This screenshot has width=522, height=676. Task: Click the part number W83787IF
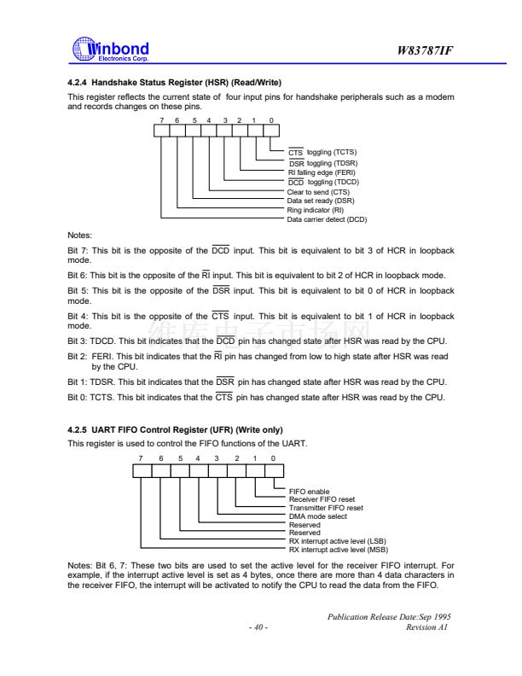[x=425, y=51]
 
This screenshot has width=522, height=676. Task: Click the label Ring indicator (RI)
[x=315, y=209]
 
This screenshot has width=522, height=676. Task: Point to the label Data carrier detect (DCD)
[x=327, y=219]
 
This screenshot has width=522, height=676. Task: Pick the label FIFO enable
[x=310, y=491]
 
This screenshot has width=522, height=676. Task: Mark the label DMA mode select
[x=318, y=516]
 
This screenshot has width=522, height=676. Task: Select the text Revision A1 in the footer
[x=429, y=628]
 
